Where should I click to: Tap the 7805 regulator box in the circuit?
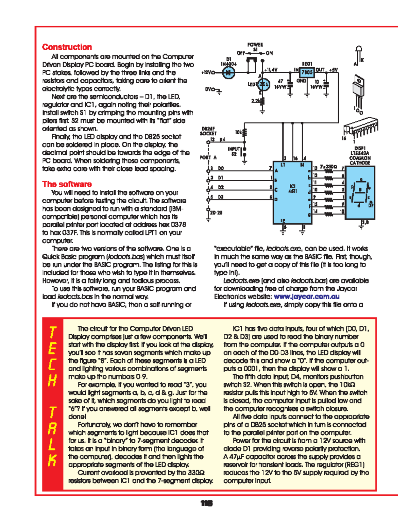307,72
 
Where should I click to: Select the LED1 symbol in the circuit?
263,84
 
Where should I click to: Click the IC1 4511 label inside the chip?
292,189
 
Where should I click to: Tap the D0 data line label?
221,168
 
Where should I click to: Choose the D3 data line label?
221,197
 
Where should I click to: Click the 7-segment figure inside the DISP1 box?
360,193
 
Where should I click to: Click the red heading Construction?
67,47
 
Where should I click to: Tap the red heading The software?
67,184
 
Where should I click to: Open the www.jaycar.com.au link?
306,296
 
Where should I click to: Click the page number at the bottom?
206,503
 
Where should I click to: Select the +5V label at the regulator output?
333,70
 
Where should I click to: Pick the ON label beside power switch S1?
269,53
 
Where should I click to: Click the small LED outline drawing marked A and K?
358,54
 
